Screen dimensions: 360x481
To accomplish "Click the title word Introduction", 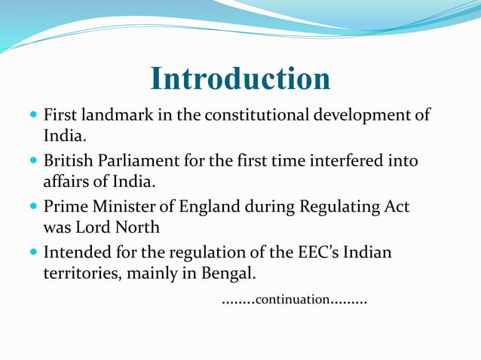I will pos(240,79).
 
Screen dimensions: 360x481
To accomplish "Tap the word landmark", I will pos(107,116).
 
